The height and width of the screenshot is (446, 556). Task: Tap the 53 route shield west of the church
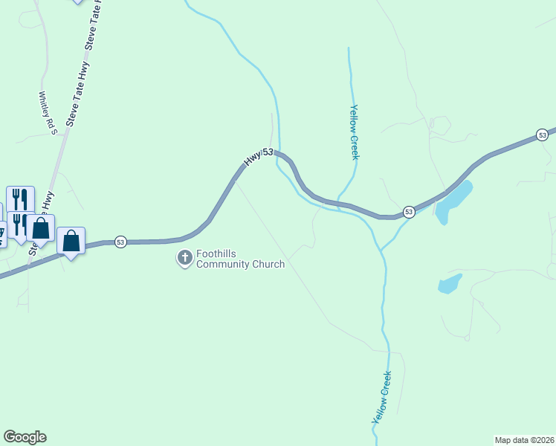coord(120,242)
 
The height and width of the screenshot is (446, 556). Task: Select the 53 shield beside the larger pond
coord(409,212)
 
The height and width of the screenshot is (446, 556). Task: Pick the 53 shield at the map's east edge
coord(542,135)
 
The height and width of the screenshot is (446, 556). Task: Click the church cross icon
coord(184,258)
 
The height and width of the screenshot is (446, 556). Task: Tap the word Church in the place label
coord(270,265)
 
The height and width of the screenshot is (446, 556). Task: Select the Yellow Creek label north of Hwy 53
coord(354,132)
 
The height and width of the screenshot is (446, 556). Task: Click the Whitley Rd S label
coord(48,113)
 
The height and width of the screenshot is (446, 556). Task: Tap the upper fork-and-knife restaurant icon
coord(20,199)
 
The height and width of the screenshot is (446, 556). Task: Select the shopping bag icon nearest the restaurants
coord(41,228)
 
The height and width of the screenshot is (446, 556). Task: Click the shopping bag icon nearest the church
coord(71,241)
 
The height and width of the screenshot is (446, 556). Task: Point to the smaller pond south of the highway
coord(450,284)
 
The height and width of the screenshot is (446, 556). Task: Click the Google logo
coord(25,437)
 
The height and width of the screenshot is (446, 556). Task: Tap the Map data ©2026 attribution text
coord(525,439)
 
